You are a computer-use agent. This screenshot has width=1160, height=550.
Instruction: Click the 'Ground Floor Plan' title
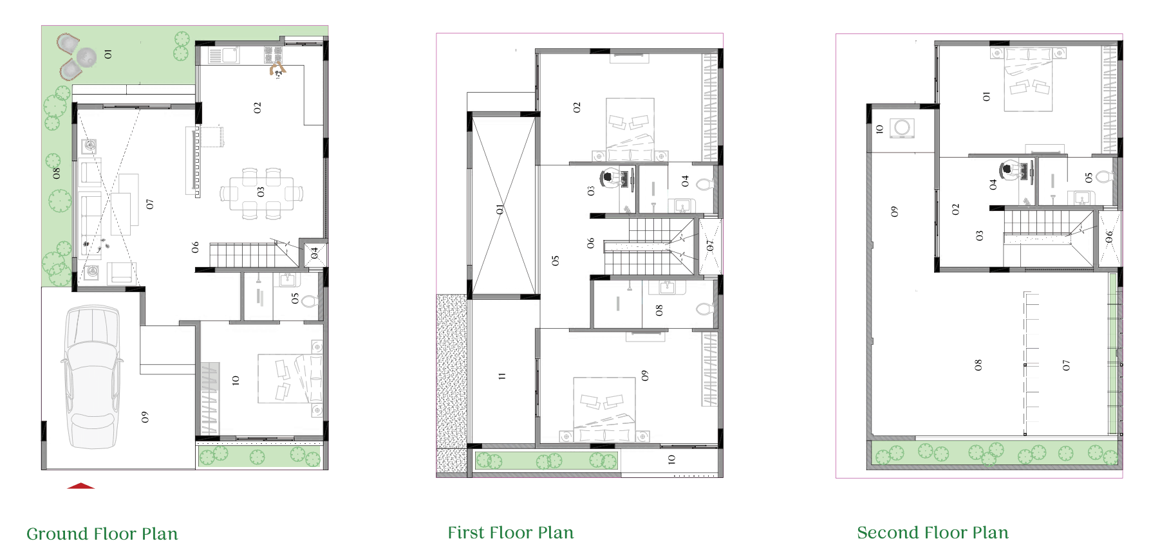(102, 534)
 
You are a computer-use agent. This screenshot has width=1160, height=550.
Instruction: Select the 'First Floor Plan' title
(510, 533)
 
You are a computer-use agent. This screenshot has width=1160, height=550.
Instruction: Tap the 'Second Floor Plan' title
(933, 533)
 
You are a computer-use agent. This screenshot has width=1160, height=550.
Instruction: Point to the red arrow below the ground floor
(81, 486)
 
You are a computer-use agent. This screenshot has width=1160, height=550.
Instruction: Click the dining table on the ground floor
(261, 192)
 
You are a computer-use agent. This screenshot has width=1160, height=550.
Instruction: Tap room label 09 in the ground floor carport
(145, 417)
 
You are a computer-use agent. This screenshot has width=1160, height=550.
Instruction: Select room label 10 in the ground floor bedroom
(236, 380)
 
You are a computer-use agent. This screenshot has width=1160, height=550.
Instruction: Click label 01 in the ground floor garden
(108, 54)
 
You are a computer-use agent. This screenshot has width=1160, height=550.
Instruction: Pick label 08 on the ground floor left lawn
(56, 173)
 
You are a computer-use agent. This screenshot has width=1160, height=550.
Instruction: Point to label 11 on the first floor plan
(502, 376)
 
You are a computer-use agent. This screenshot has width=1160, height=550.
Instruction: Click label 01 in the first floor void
(500, 209)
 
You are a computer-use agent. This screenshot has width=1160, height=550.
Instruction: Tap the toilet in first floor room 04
(705, 185)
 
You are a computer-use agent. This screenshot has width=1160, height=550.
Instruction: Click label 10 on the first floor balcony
(671, 459)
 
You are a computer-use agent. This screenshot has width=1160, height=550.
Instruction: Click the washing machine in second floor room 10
(903, 128)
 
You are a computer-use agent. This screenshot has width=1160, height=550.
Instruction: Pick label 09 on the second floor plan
(894, 212)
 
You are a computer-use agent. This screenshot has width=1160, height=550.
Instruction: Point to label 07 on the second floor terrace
(1066, 365)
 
